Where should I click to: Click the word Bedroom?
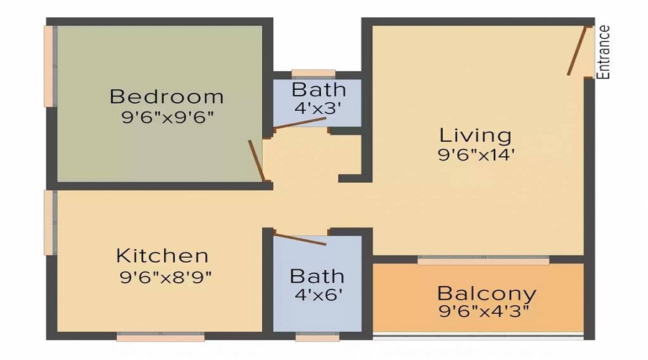pos(166,96)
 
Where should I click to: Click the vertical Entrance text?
pos(605,52)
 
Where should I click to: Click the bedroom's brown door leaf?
pos(256,160)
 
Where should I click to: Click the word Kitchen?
pos(163,256)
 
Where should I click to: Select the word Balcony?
pos(487,294)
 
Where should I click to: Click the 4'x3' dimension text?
pos(318,109)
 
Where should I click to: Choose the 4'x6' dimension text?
pos(317,294)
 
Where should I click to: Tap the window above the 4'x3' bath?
pos(313,73)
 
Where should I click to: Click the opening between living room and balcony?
pos(483,259)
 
